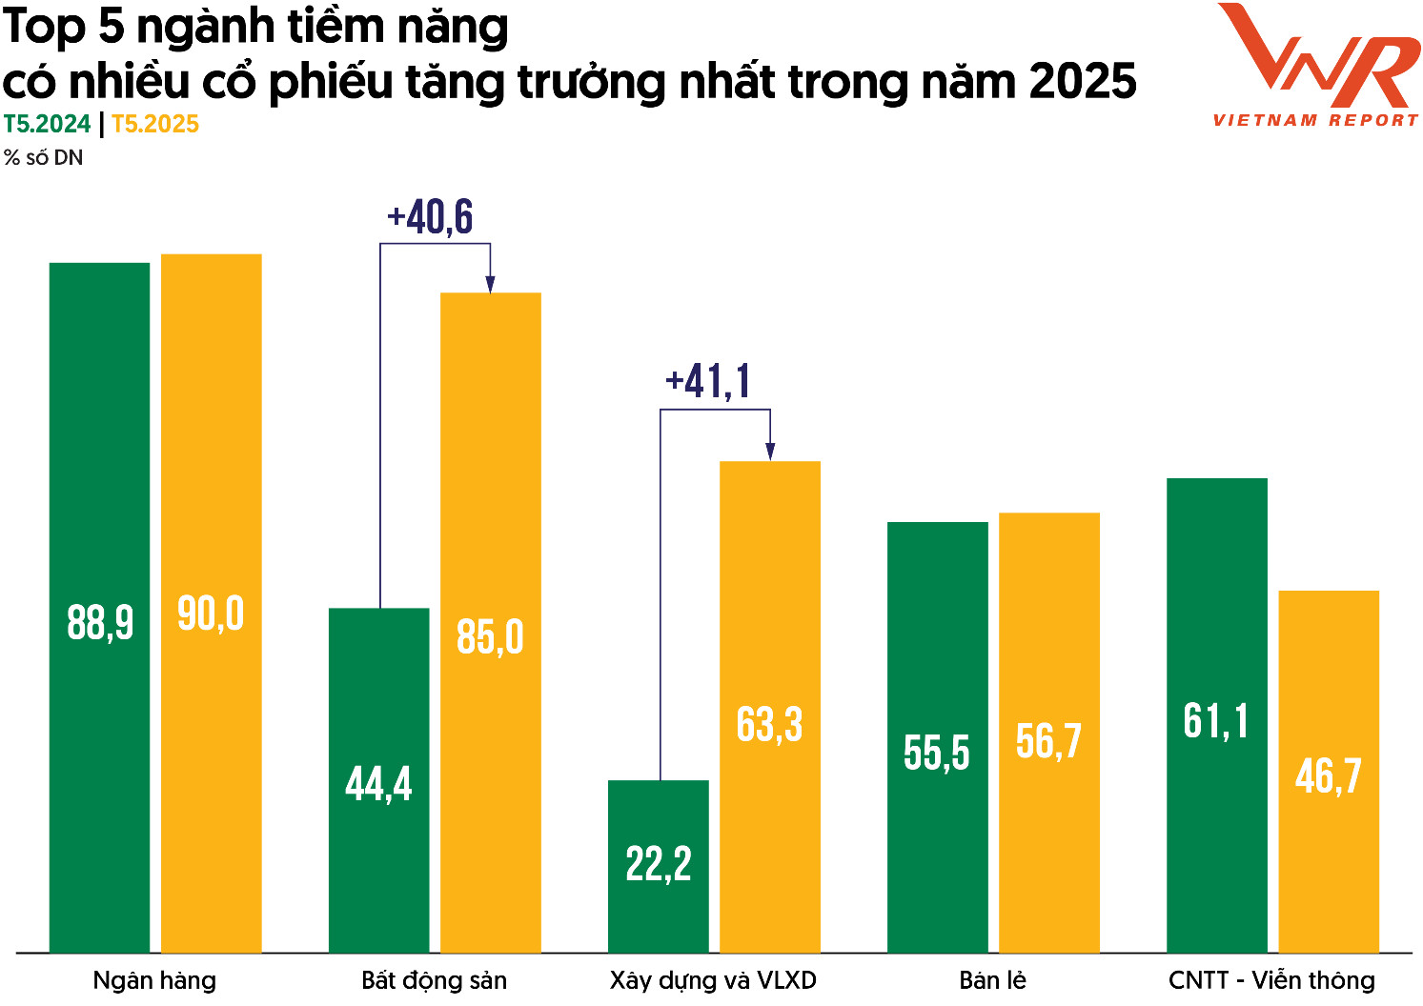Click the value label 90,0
coord(211,614)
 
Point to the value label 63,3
coord(769,725)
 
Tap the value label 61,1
coord(1215,721)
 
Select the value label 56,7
coord(1048,741)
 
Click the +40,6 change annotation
coord(430,217)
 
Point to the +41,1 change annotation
coord(708,382)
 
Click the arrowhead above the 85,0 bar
coord(490,284)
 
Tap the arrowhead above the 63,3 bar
coord(770,452)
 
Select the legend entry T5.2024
coord(47,125)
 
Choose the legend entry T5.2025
coord(155,125)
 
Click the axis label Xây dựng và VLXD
coord(713,980)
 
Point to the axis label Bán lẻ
coord(992,980)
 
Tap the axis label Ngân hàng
coord(154,980)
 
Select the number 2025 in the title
coord(1083,82)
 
